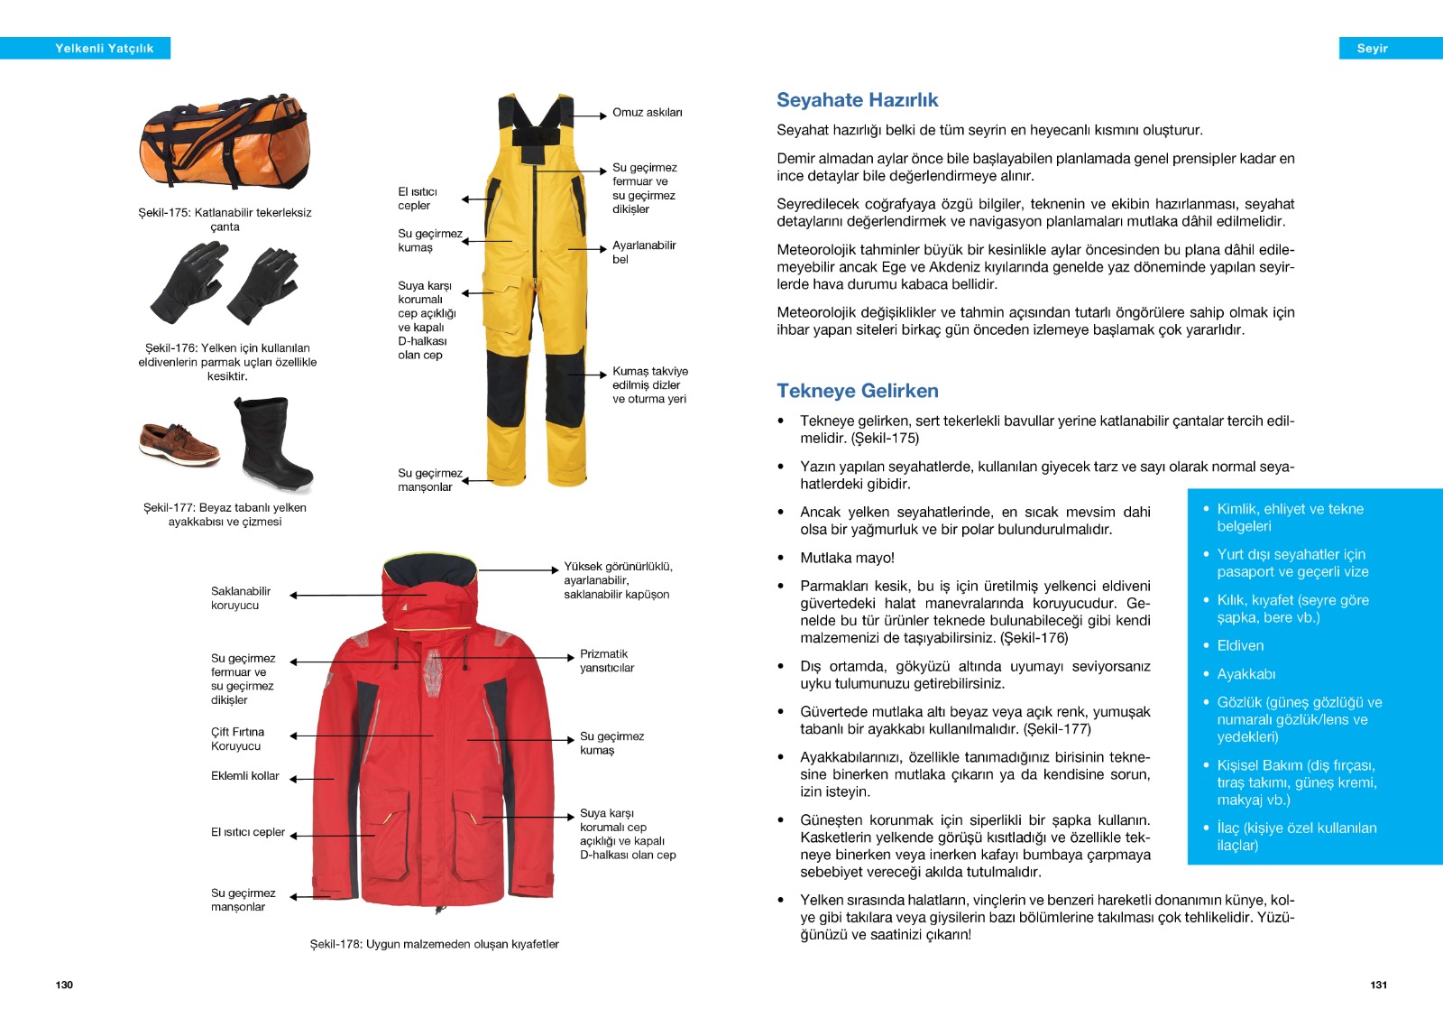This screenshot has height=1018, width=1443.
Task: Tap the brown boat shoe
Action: (179, 442)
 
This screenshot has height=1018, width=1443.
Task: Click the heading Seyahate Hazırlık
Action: (857, 100)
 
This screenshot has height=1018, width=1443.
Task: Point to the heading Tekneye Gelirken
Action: (857, 391)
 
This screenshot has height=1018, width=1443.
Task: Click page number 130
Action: (64, 985)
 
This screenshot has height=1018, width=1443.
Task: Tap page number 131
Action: (1378, 985)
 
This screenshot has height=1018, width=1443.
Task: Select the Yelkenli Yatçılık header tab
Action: (104, 49)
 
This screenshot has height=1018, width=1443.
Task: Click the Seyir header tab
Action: (1372, 49)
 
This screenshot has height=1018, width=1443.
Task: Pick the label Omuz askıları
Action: (647, 113)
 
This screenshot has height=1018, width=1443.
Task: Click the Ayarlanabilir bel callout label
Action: (643, 252)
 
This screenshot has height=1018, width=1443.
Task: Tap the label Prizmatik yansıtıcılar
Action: (606, 661)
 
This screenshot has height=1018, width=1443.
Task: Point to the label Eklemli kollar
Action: (244, 776)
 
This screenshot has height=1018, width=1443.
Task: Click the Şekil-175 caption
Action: (225, 219)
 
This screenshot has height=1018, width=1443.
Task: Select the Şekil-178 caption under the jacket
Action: (434, 944)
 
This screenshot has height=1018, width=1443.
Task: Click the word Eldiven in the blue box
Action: (1240, 645)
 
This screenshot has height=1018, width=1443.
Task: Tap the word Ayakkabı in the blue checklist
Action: (1245, 674)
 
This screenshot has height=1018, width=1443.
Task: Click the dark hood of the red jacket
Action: (429, 571)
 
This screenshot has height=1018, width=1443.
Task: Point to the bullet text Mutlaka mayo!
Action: (847, 558)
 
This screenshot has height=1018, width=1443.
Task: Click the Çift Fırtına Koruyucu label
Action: (237, 739)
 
